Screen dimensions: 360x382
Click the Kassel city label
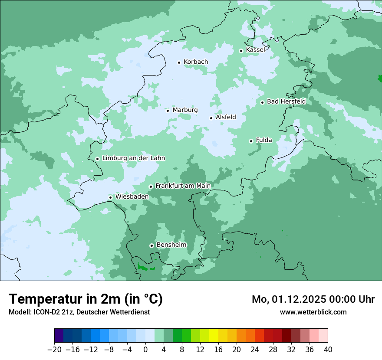click(255, 50)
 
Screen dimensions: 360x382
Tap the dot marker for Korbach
click(179, 62)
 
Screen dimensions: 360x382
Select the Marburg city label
click(185, 110)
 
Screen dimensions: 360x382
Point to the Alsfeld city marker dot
click(211, 118)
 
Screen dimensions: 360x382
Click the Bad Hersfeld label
click(286, 101)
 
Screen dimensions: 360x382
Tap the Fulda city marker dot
click(251, 141)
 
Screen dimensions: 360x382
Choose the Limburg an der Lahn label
click(133, 158)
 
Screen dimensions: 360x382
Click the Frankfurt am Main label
click(183, 186)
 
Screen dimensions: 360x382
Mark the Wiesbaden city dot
click(111, 197)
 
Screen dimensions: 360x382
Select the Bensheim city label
click(171, 245)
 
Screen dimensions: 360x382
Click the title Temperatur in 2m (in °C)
click(86, 299)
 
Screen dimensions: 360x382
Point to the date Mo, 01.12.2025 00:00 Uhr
click(313, 299)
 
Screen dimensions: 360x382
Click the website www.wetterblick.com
click(313, 312)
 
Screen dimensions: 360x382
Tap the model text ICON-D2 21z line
click(79, 312)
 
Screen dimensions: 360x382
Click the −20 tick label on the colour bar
click(54, 350)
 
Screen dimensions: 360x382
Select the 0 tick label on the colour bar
click(145, 350)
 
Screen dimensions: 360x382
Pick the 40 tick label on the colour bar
click(328, 350)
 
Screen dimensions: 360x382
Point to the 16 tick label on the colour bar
click(218, 350)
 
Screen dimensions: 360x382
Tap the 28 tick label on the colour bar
click(273, 350)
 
